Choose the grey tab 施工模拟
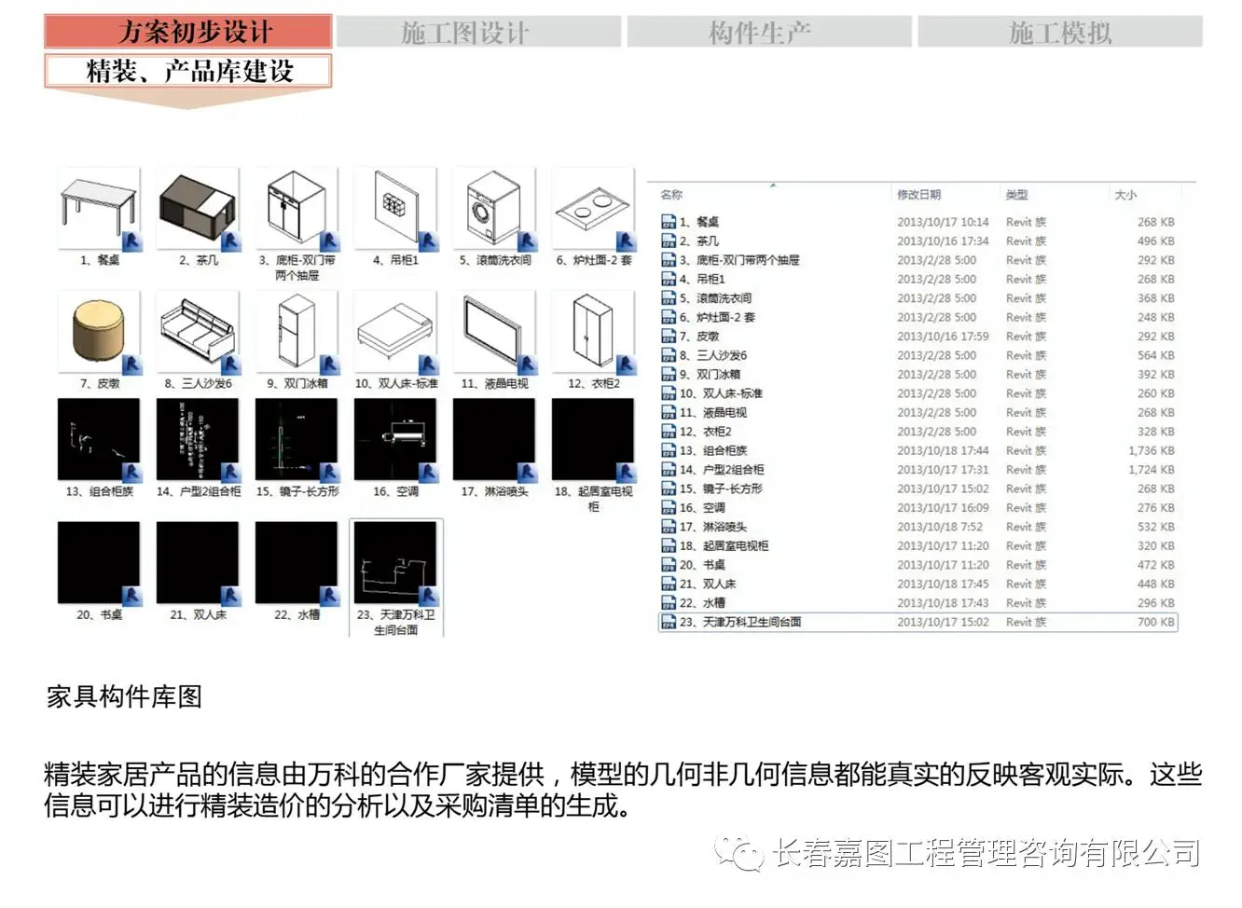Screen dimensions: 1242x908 point(1059,33)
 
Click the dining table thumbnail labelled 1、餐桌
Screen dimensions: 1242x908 point(99,208)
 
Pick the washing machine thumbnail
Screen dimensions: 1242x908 point(494,208)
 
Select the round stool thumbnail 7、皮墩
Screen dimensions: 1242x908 point(99,331)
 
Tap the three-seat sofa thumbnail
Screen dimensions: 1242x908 point(198,331)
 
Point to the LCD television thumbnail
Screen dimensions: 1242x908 point(494,331)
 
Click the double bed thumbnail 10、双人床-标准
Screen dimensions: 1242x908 point(395,331)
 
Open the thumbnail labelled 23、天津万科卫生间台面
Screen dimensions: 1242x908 point(395,563)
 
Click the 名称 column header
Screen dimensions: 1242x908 point(671,195)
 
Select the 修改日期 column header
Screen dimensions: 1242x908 point(918,195)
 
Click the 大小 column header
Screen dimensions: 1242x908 point(1125,195)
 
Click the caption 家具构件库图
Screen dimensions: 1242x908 point(124,696)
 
